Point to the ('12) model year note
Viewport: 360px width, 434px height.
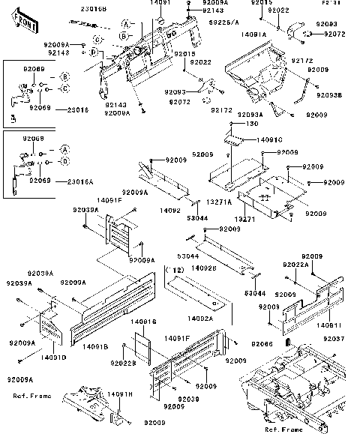click(174, 268)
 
